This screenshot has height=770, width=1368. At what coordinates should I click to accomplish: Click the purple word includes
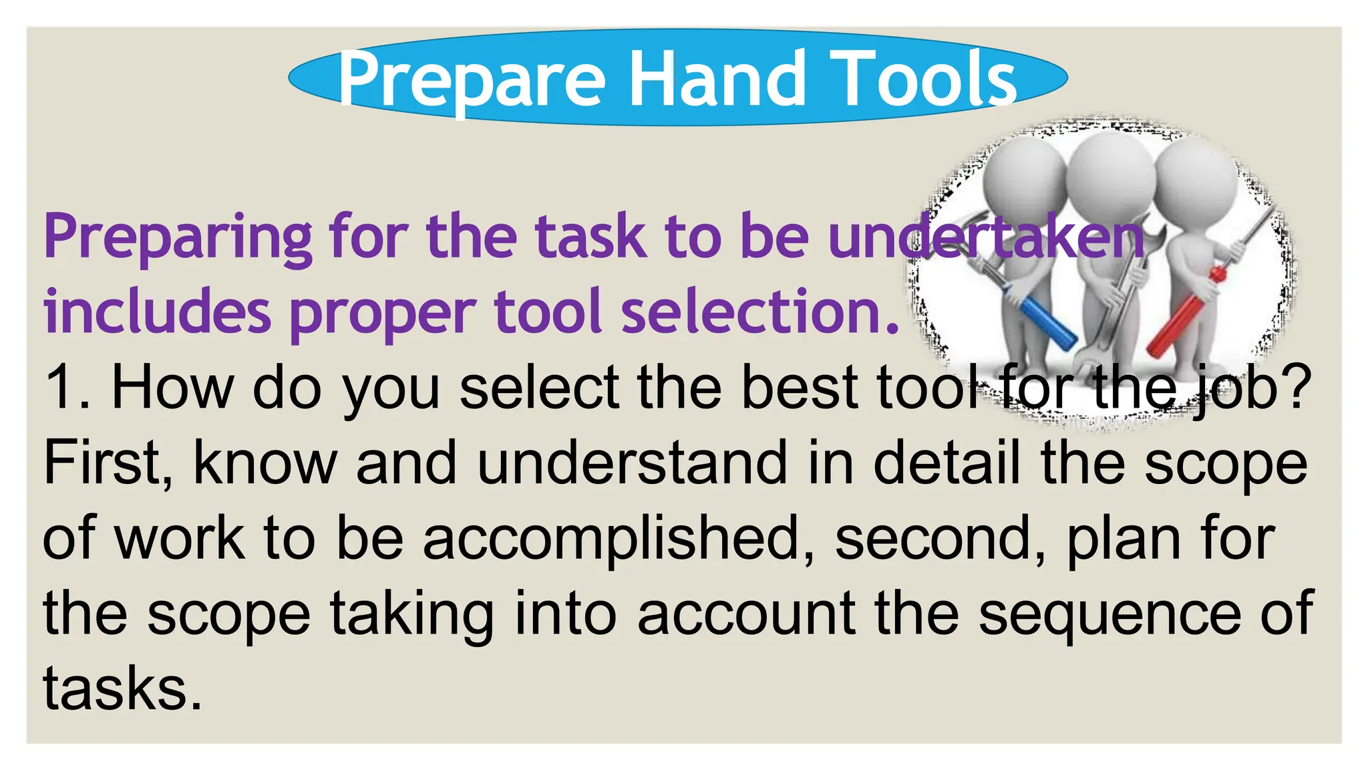[158, 312]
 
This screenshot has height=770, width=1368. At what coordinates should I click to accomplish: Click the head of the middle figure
[1109, 170]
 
